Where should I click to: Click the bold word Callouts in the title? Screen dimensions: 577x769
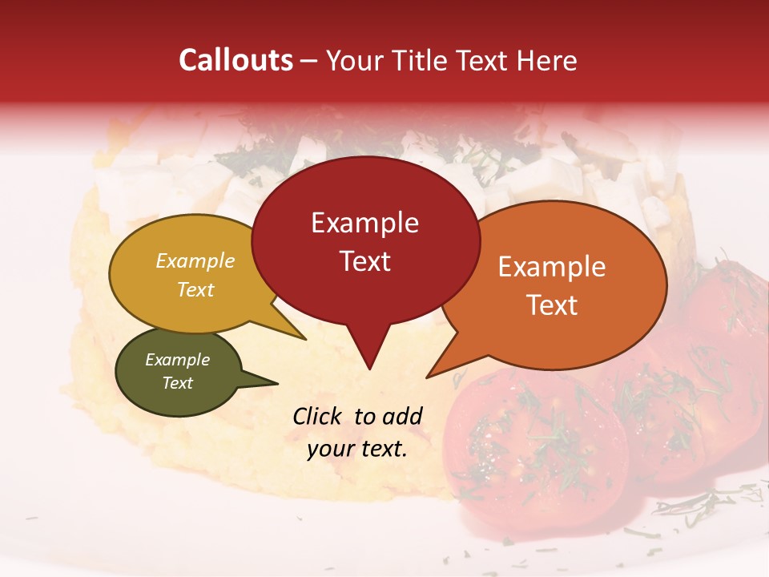pyautogui.click(x=236, y=60)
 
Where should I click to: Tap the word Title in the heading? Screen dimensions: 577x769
pyautogui.click(x=423, y=60)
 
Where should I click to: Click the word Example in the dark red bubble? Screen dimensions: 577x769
pyautogui.click(x=364, y=223)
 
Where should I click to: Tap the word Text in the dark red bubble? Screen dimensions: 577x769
pyautogui.click(x=364, y=260)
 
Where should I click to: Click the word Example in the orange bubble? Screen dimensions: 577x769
pyautogui.click(x=552, y=267)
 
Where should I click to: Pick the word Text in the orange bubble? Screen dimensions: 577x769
pyautogui.click(x=552, y=305)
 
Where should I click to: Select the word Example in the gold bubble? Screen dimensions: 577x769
pyautogui.click(x=195, y=261)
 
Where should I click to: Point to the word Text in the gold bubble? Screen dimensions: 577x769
pyautogui.click(x=195, y=289)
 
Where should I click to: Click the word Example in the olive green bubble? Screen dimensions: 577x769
pyautogui.click(x=177, y=360)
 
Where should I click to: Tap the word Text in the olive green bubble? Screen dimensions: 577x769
pyautogui.click(x=177, y=383)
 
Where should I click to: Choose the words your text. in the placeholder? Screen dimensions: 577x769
pyautogui.click(x=357, y=449)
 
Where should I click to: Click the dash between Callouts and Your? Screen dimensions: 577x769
pyautogui.click(x=310, y=61)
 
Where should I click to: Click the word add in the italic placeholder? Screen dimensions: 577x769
pyautogui.click(x=402, y=416)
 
